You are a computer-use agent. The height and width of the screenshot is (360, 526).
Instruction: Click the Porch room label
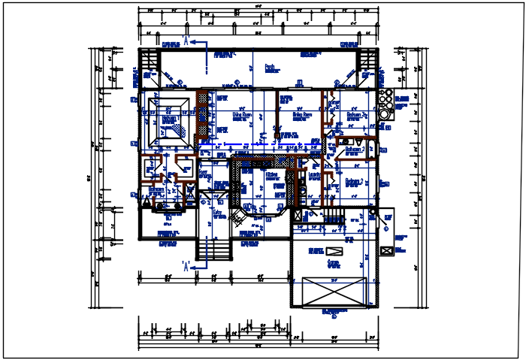click(269, 66)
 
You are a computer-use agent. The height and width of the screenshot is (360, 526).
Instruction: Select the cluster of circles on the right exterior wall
click(385, 104)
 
